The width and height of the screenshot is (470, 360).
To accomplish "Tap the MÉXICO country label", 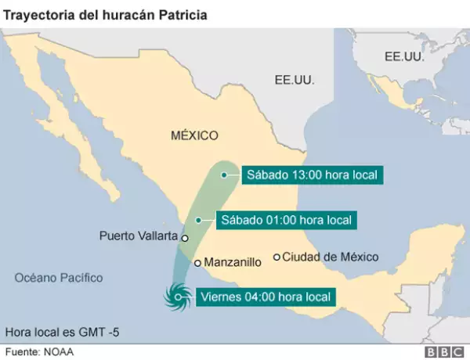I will coord(194,135).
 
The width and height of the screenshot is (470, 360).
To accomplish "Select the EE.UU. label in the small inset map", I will coord(404,57).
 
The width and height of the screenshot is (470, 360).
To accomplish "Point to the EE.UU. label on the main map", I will coord(295,80).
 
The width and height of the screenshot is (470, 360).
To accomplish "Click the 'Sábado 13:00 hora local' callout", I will coord(312,175).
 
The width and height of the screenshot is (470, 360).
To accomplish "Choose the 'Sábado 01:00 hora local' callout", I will coord(287,220).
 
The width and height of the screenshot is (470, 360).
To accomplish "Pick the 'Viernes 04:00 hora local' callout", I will coord(266,297).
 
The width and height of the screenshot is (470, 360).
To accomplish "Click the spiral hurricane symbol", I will coord(176,296).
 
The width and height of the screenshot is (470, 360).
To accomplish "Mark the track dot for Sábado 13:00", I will coord(223,175).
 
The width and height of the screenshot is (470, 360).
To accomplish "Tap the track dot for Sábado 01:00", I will coord(199,220).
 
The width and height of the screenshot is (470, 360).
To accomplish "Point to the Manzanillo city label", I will coord(233,263).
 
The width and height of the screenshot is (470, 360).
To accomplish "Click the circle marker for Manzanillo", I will coord(197,263).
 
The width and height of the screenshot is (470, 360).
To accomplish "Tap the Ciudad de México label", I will coord(330,257).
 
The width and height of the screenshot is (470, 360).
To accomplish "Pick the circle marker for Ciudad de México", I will coord(277,257).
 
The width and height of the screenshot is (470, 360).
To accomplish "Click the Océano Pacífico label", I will coord(59,277).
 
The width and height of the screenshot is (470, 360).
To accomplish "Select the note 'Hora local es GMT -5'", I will coord(63,331).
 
